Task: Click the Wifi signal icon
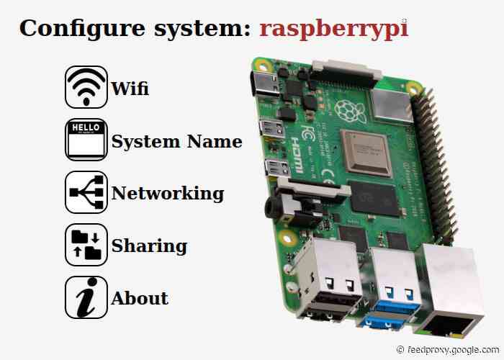(86, 88)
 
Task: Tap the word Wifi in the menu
(130, 89)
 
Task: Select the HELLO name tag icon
(86, 140)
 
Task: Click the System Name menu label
(176, 141)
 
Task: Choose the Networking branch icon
(86, 193)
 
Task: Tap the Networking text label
(167, 193)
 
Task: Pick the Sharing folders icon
(86, 246)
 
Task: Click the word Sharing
(149, 246)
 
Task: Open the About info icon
(86, 297)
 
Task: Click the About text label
(140, 298)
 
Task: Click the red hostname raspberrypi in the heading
(333, 28)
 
